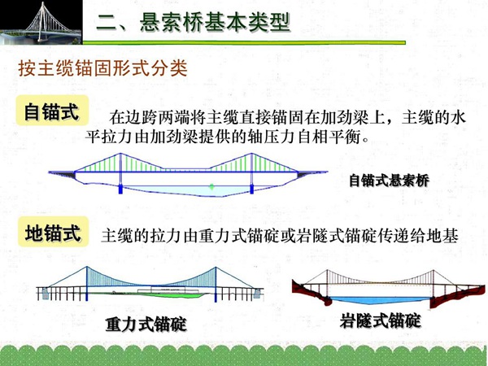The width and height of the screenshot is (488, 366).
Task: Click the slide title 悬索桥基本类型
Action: [x=215, y=23]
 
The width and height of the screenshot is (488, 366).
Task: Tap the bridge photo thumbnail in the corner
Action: [x=41, y=22]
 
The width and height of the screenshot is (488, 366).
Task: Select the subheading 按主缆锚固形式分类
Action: [x=103, y=68]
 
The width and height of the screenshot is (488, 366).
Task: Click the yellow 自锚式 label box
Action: [x=52, y=111]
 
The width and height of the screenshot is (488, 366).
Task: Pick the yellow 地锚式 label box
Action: [x=53, y=232]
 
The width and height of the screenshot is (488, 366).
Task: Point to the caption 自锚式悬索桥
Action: [x=389, y=181]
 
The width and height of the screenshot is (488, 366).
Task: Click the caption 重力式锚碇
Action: [x=146, y=325]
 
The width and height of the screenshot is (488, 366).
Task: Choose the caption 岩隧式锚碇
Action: [x=381, y=320]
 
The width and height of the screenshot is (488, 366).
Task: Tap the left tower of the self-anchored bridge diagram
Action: [x=120, y=173]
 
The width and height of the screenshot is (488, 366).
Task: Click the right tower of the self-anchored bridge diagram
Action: [x=251, y=173]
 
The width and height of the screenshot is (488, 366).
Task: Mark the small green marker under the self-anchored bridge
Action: [x=212, y=187]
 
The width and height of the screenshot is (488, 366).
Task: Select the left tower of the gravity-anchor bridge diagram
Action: [x=86, y=284]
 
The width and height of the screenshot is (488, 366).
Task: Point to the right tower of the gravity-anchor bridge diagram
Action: [x=216, y=285]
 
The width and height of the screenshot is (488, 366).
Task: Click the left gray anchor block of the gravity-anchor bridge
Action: [x=45, y=293]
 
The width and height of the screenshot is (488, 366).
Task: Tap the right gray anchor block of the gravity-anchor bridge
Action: [x=257, y=293]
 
